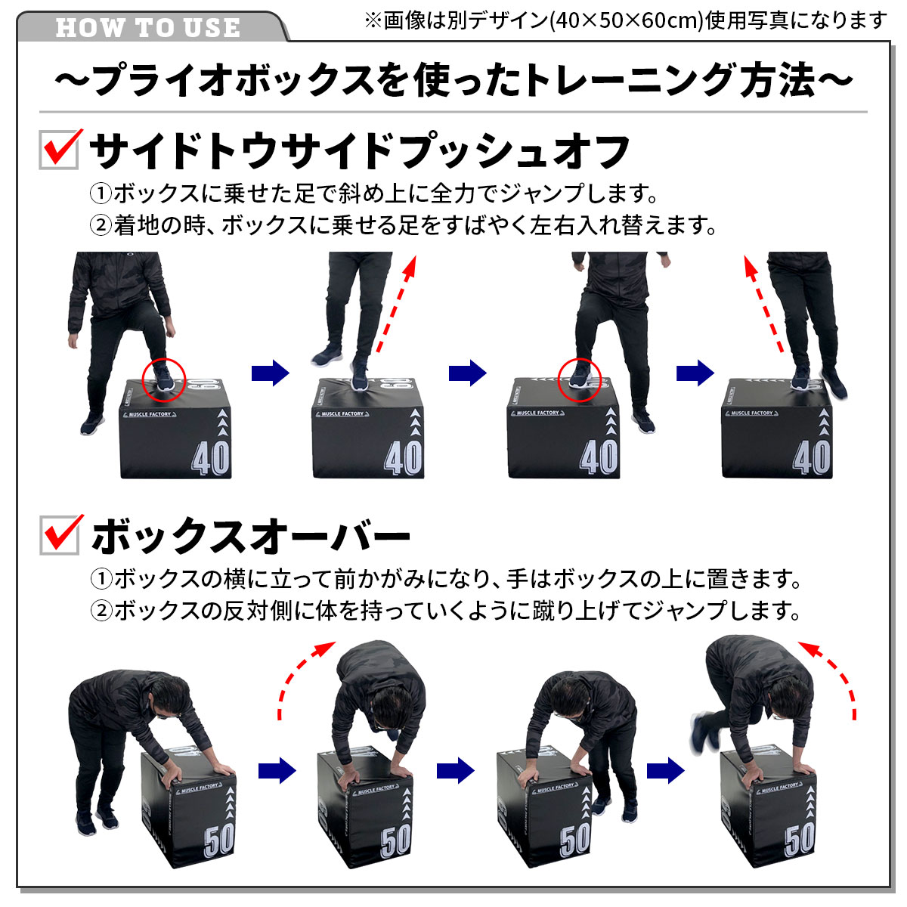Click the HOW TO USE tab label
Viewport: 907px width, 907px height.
(148, 27)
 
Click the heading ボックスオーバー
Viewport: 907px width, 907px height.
(250, 536)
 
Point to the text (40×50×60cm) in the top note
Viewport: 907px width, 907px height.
(626, 21)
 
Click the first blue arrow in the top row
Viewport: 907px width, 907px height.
(270, 373)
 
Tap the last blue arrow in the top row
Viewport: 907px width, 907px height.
(695, 373)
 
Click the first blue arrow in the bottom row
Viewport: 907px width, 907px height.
(277, 770)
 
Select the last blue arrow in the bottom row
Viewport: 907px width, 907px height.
(665, 770)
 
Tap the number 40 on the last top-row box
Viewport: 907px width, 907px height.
(812, 457)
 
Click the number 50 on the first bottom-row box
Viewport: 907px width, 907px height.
(219, 839)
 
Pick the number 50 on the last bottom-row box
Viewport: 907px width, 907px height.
(800, 839)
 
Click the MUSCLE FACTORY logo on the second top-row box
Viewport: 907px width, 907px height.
(342, 413)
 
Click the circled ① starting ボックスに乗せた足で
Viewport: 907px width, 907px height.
(101, 193)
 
